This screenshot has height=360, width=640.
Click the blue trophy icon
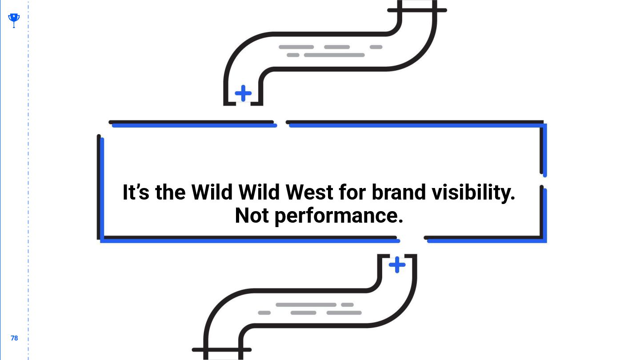[x=14, y=19]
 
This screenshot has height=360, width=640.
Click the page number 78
[x=14, y=338]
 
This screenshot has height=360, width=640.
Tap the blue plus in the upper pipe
[x=243, y=93]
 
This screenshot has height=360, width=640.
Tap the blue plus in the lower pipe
[x=397, y=265]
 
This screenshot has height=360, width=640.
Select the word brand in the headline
[x=398, y=192]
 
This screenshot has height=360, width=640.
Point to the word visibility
[x=473, y=192]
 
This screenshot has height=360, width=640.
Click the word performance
[x=339, y=216]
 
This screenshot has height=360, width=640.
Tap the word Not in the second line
[x=252, y=216]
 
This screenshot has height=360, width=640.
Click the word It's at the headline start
[x=136, y=192]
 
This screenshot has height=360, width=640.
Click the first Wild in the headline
[x=212, y=192]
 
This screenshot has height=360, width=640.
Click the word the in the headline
[x=170, y=192]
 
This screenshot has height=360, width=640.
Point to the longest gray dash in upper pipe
[x=334, y=55]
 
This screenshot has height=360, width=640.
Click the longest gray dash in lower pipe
[x=306, y=305]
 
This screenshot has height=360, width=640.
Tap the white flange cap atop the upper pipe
[x=417, y=4]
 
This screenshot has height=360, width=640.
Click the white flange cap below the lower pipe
[x=223, y=355]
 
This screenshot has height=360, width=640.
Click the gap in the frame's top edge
[x=281, y=123]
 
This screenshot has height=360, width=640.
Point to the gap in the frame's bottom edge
[x=412, y=239]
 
